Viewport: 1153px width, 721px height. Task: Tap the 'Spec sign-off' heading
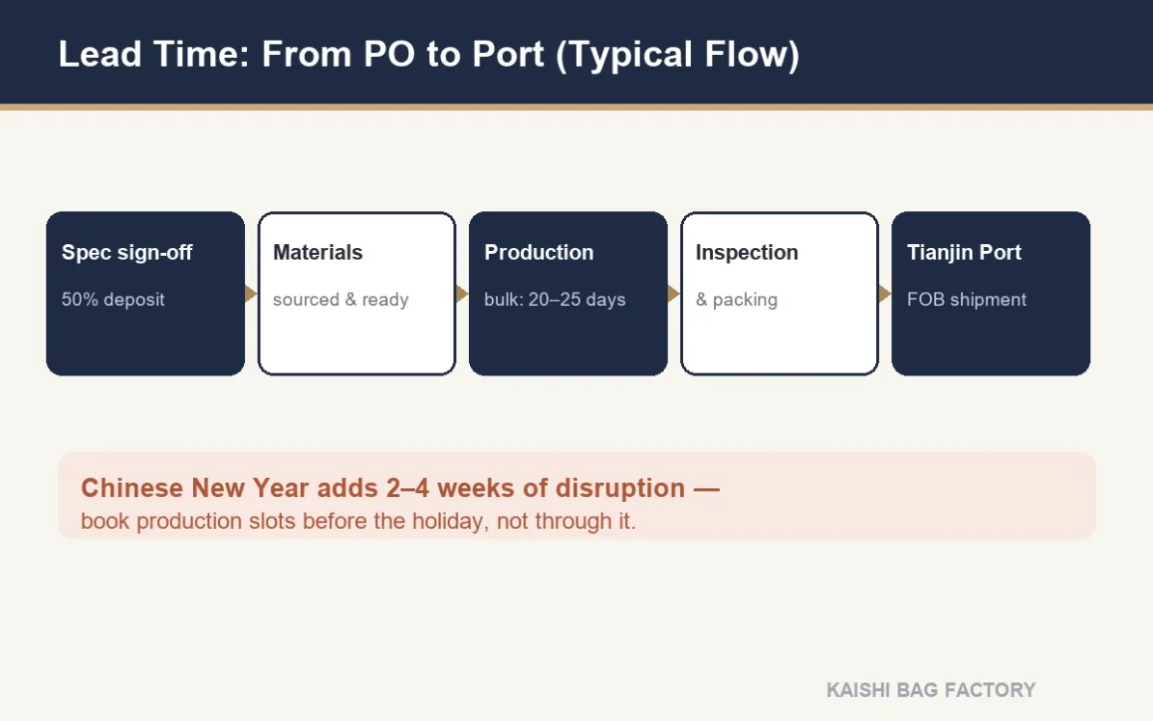[126, 252]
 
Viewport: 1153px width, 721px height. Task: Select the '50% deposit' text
[113, 299]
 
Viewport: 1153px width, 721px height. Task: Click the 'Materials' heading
[317, 252]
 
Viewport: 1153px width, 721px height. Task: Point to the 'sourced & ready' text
[341, 299]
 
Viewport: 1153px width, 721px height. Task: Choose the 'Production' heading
[538, 252]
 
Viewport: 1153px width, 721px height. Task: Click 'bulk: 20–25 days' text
[555, 299]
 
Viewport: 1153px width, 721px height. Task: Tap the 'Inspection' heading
[747, 252]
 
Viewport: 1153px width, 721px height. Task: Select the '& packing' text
[736, 299]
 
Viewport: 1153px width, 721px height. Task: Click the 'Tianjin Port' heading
[964, 252]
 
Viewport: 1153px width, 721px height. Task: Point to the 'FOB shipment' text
[966, 299]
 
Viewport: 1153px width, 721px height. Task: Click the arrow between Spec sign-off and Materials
[251, 293]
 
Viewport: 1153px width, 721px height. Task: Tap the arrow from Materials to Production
[462, 293]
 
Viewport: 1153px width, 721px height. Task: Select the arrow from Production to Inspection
[673, 293]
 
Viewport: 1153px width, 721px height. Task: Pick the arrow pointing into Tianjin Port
[885, 293]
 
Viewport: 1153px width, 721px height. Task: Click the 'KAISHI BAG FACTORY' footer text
[931, 690]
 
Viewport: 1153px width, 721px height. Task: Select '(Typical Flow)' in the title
[677, 55]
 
